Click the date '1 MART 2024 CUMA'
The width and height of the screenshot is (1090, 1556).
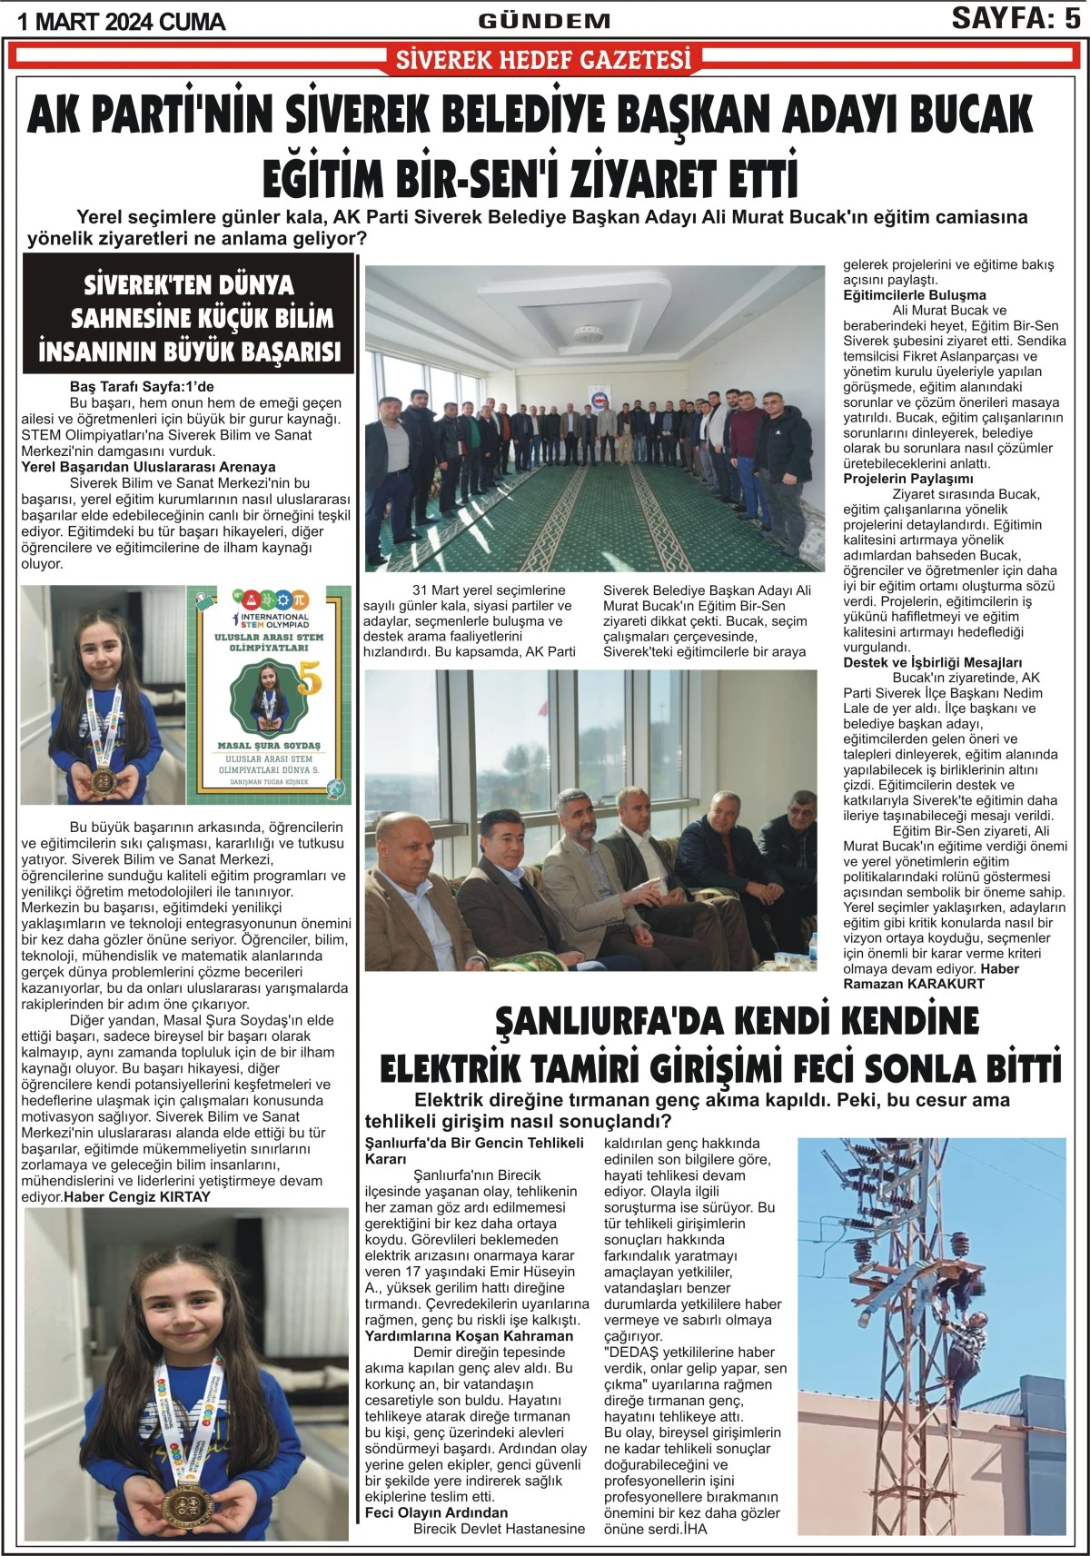[x=121, y=21]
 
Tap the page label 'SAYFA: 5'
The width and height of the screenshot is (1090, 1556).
[x=1016, y=18]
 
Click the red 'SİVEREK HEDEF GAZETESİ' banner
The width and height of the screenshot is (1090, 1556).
[x=544, y=60]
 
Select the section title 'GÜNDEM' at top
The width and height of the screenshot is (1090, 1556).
[x=544, y=21]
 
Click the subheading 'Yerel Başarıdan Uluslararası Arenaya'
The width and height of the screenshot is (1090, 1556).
[x=148, y=467]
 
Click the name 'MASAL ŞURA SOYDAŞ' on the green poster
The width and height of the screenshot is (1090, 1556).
[x=270, y=745]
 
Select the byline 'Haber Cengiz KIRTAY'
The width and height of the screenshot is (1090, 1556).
[x=137, y=1197]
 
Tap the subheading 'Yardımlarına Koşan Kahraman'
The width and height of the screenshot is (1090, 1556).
[x=469, y=1336]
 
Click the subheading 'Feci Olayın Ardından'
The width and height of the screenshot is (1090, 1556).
[x=436, y=1512]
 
